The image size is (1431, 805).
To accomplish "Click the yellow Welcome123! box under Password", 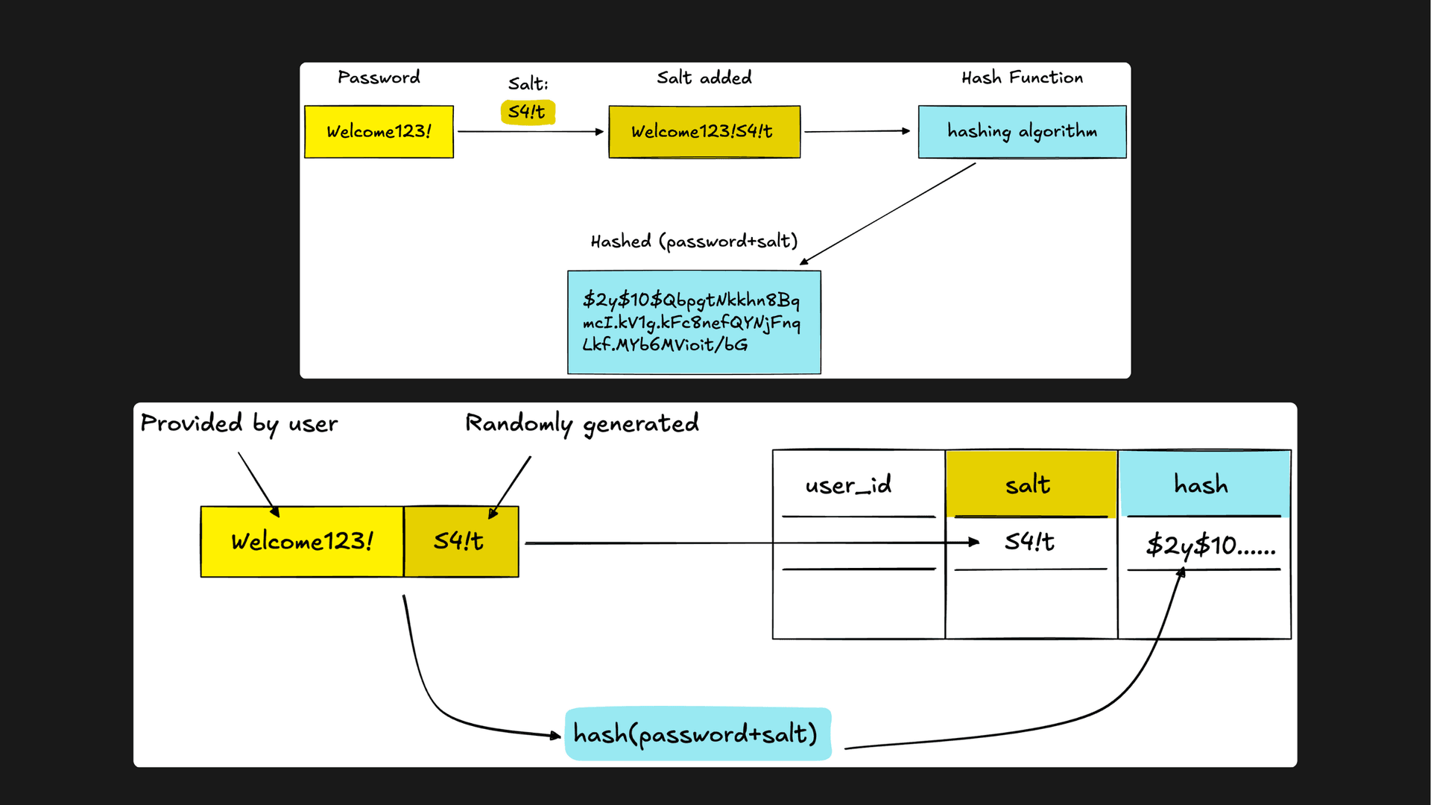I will point(379,132).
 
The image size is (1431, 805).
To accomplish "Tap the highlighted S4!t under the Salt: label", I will point(528,112).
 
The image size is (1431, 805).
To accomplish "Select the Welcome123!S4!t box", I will point(704,132).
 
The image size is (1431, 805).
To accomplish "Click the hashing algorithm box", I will point(1022,132).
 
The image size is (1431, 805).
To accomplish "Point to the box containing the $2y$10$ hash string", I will point(694,322).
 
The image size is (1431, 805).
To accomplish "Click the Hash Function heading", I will point(1022,78).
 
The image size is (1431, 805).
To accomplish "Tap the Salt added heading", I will point(704,78).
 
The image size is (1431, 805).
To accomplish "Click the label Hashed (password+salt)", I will point(694,241).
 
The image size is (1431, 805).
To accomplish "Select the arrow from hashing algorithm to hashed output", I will point(887,214).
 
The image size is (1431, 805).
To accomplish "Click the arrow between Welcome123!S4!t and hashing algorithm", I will point(857,131).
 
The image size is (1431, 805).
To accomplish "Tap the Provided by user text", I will point(239,423).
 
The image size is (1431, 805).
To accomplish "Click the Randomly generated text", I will point(582,423).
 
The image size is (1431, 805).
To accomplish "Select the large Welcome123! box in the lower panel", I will point(302,541).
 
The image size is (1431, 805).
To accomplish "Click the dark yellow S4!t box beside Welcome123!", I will point(461,541).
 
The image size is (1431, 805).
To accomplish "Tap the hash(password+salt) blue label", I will point(696,734).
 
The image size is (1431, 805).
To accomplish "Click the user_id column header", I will point(848,485).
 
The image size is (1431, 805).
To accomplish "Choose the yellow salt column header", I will point(1029,485).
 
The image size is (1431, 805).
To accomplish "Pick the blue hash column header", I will point(1201,485).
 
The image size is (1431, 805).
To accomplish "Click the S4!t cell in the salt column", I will point(1029,542).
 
